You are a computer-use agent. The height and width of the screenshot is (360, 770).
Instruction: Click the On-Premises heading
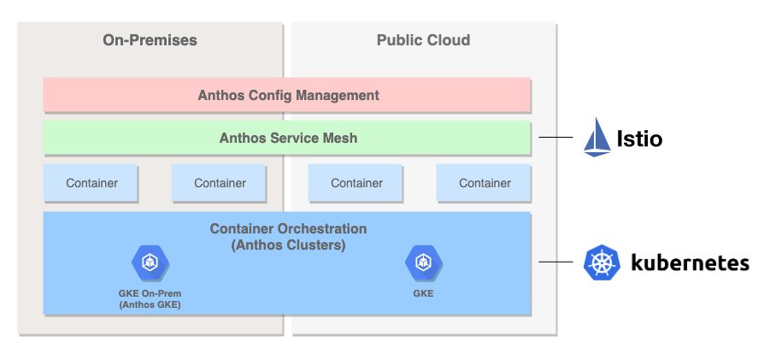pos(150,40)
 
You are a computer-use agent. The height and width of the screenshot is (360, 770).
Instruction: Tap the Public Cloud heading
pos(423,40)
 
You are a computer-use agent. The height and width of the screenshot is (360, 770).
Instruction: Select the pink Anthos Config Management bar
pos(287,95)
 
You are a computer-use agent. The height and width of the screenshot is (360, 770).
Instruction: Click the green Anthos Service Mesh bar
pos(287,138)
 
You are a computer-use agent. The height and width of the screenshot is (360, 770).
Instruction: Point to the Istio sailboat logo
pos(597,137)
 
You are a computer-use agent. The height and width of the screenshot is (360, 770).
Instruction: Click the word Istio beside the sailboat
pos(639,139)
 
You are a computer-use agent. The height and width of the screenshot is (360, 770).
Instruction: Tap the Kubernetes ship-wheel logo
pos(602,263)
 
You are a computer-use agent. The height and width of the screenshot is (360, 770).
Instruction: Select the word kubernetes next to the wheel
pos(690,263)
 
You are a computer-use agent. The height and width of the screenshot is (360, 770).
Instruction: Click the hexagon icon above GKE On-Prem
pos(150,263)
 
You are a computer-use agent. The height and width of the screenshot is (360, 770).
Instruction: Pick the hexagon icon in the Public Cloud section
pos(423,263)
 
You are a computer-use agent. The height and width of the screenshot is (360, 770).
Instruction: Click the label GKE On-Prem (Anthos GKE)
pos(150,299)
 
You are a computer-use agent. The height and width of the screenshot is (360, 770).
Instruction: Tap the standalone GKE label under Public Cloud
pos(423,293)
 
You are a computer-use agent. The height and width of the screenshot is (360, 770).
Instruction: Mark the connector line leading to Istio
pos(555,138)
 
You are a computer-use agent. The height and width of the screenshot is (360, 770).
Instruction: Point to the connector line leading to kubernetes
pos(555,262)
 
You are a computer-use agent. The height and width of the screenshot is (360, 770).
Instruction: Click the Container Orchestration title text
pos(288,229)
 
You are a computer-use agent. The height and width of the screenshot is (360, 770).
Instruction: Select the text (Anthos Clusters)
pos(288,245)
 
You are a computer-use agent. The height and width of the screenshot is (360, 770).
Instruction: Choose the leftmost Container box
pos(91,183)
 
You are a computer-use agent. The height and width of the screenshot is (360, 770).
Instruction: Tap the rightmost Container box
pos(484,183)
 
